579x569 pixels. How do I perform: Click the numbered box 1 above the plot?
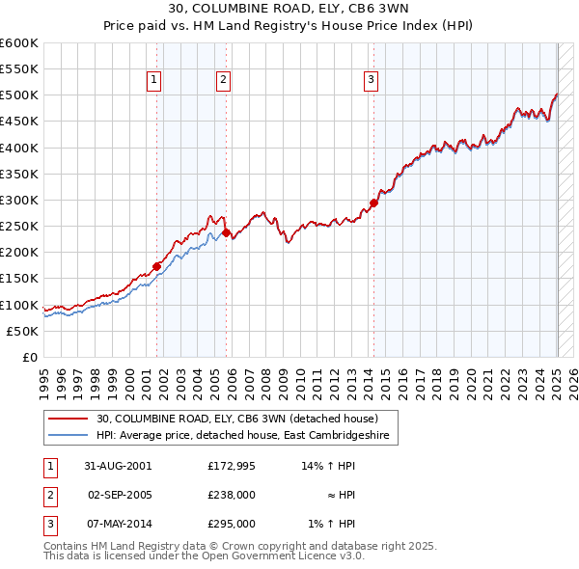click(154, 81)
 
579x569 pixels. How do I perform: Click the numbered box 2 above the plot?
click(223, 81)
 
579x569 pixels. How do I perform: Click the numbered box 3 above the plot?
click(372, 81)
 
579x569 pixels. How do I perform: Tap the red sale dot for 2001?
click(156, 266)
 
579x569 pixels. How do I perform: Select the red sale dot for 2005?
click(227, 232)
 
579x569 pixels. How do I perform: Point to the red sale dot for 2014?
click(374, 203)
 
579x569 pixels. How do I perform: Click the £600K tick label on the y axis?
click(19, 43)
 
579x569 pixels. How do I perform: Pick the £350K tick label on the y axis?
click(19, 175)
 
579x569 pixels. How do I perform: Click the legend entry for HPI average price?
click(241, 436)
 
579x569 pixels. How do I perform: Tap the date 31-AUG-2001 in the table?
click(118, 465)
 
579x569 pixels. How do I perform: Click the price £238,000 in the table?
click(232, 495)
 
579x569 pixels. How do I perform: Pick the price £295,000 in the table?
click(232, 524)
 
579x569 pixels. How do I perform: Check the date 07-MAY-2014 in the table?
click(118, 524)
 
